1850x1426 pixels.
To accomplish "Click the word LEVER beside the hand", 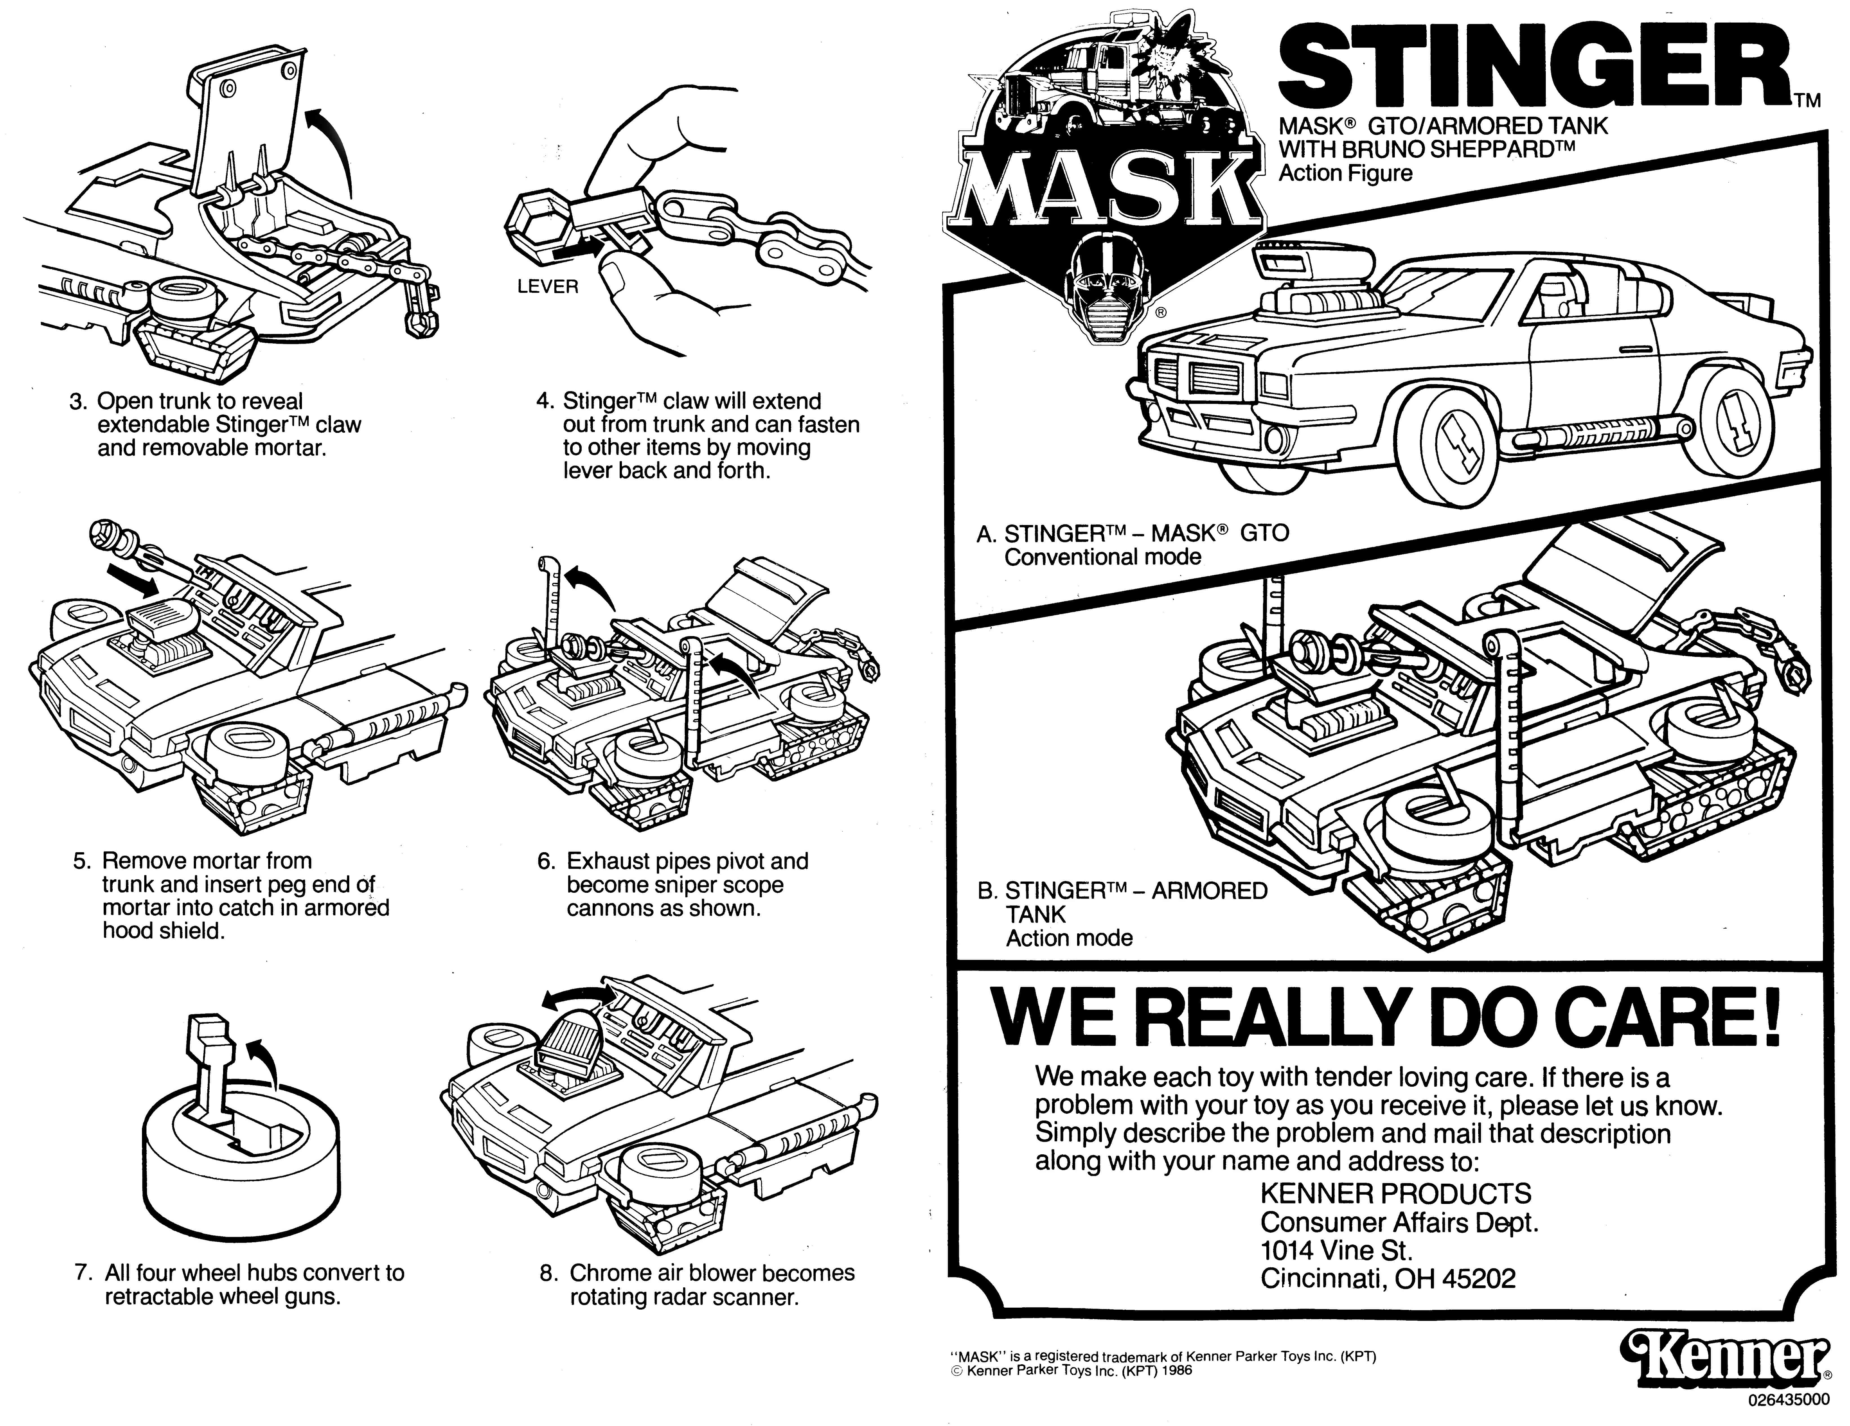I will (x=547, y=286).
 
